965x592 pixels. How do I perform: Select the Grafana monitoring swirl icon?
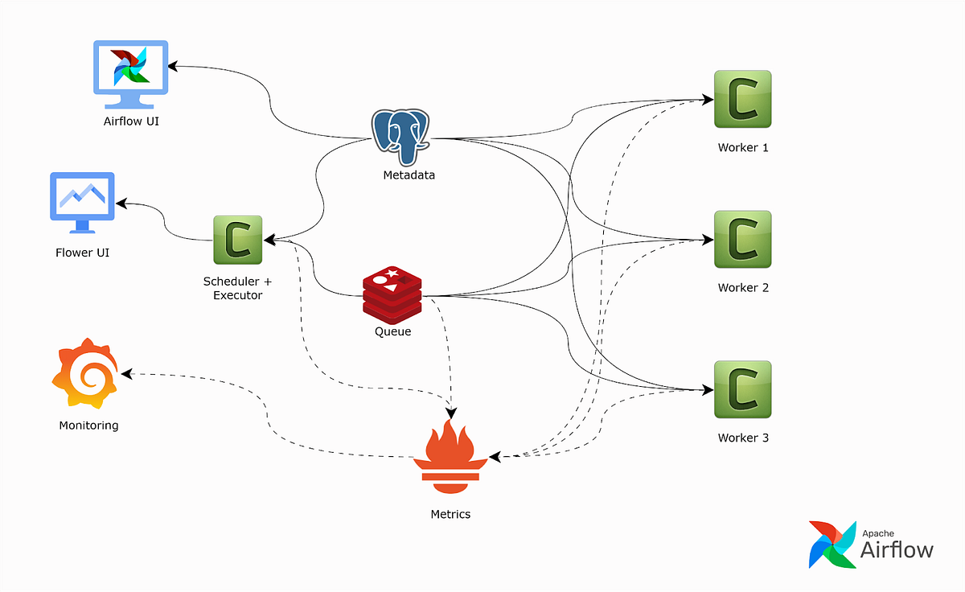point(85,376)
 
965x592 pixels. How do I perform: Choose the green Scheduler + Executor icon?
point(238,240)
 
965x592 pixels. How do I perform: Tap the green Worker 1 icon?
point(742,99)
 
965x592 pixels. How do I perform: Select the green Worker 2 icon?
point(742,239)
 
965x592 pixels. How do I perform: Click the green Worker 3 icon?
point(742,389)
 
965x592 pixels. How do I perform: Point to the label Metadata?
point(409,175)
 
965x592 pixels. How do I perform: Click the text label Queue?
point(392,331)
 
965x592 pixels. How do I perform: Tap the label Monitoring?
point(88,425)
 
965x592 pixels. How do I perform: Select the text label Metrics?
point(450,514)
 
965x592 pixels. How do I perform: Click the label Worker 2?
point(743,288)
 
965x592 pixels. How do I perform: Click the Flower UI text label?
point(82,253)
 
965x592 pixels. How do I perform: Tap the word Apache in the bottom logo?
point(878,533)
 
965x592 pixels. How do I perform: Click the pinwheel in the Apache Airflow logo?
point(832,545)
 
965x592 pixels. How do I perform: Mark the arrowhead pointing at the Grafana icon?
point(124,374)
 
